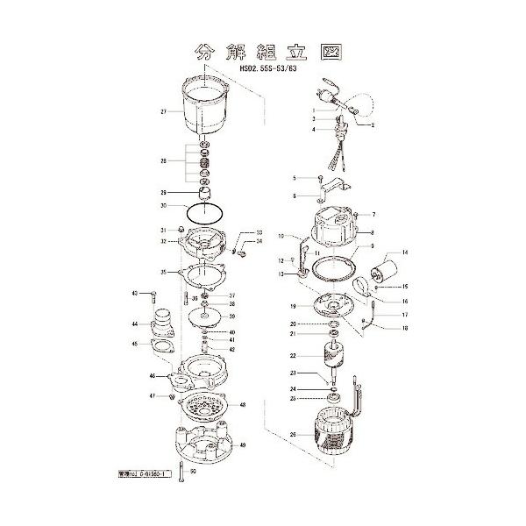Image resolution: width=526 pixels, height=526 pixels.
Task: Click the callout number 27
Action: pos(164,112)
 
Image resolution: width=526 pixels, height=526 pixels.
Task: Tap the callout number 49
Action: pos(243,446)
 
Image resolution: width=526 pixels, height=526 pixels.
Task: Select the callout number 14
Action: pos(405,253)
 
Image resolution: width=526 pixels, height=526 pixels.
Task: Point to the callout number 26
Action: pos(292,433)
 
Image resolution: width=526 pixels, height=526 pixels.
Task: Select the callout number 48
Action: pos(243,405)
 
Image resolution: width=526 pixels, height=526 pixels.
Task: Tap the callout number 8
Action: pos(373,232)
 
